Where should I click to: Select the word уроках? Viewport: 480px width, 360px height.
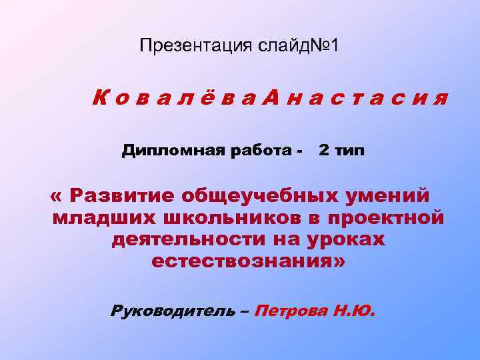tap(344, 239)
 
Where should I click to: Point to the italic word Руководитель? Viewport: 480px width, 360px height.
tap(173, 311)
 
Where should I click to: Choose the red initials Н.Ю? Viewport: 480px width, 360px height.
tap(353, 311)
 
